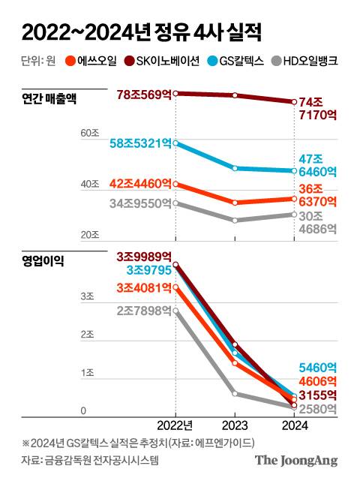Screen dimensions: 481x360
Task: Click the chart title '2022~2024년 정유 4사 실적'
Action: click(x=142, y=32)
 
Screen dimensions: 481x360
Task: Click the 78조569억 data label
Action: click(x=144, y=94)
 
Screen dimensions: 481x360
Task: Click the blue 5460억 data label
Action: click(x=319, y=368)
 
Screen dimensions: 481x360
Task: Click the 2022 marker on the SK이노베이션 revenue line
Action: click(x=175, y=93)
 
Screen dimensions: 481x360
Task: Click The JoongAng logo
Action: click(x=296, y=460)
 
